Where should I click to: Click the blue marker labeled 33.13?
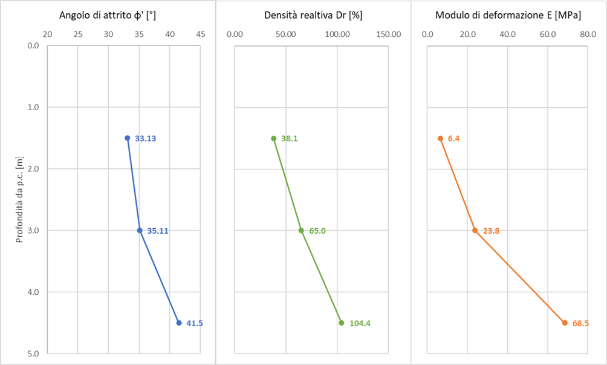point(128,138)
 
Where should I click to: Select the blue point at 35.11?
point(140,231)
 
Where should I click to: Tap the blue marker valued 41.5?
point(179,323)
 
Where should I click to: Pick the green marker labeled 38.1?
point(274,139)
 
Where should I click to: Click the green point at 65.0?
point(301,231)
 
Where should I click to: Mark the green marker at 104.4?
point(342,323)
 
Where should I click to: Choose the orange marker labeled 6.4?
point(440,139)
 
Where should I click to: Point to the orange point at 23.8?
point(475,231)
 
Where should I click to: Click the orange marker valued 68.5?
point(565,323)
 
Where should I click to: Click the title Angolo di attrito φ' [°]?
point(107,16)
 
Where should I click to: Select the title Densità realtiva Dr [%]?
point(313,16)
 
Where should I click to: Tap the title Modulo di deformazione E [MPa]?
point(508,16)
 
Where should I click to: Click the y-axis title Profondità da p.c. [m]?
point(19,200)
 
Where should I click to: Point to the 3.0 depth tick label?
point(33,231)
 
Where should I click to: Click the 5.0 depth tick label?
point(33,353)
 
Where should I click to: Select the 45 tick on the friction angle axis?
point(201,34)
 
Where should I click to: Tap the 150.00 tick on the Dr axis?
point(389,34)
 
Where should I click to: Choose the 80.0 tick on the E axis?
point(588,34)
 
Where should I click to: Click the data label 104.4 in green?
point(360,323)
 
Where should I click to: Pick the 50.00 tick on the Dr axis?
point(286,34)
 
